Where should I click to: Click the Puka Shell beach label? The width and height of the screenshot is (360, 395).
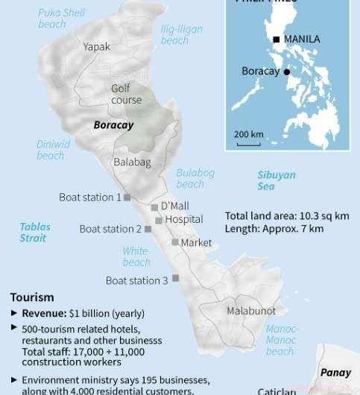tap(63, 18)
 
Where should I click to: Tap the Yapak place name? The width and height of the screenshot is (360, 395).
tap(97, 46)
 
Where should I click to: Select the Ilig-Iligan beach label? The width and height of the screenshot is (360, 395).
tap(182, 34)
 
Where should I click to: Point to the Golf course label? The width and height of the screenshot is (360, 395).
tap(126, 94)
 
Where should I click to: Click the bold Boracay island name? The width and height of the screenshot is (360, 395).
tap(113, 125)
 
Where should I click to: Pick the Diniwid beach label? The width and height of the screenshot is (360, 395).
tap(53, 150)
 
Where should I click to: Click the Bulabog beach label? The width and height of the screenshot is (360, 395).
tap(195, 178)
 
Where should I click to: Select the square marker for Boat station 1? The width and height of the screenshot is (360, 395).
tap(127, 197)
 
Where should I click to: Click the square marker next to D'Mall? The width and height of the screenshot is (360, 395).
tap(154, 207)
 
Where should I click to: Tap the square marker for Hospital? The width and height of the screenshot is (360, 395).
tap(159, 221)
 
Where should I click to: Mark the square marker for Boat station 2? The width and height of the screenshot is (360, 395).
tap(148, 229)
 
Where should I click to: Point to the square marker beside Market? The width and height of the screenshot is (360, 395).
tap(174, 242)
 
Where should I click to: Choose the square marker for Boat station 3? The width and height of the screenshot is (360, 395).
tap(176, 278)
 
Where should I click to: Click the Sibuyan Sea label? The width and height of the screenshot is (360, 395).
tap(276, 180)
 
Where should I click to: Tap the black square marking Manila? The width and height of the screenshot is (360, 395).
tap(277, 39)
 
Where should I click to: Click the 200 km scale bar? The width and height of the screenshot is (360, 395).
tap(248, 143)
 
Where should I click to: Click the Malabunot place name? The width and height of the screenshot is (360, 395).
tap(251, 311)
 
